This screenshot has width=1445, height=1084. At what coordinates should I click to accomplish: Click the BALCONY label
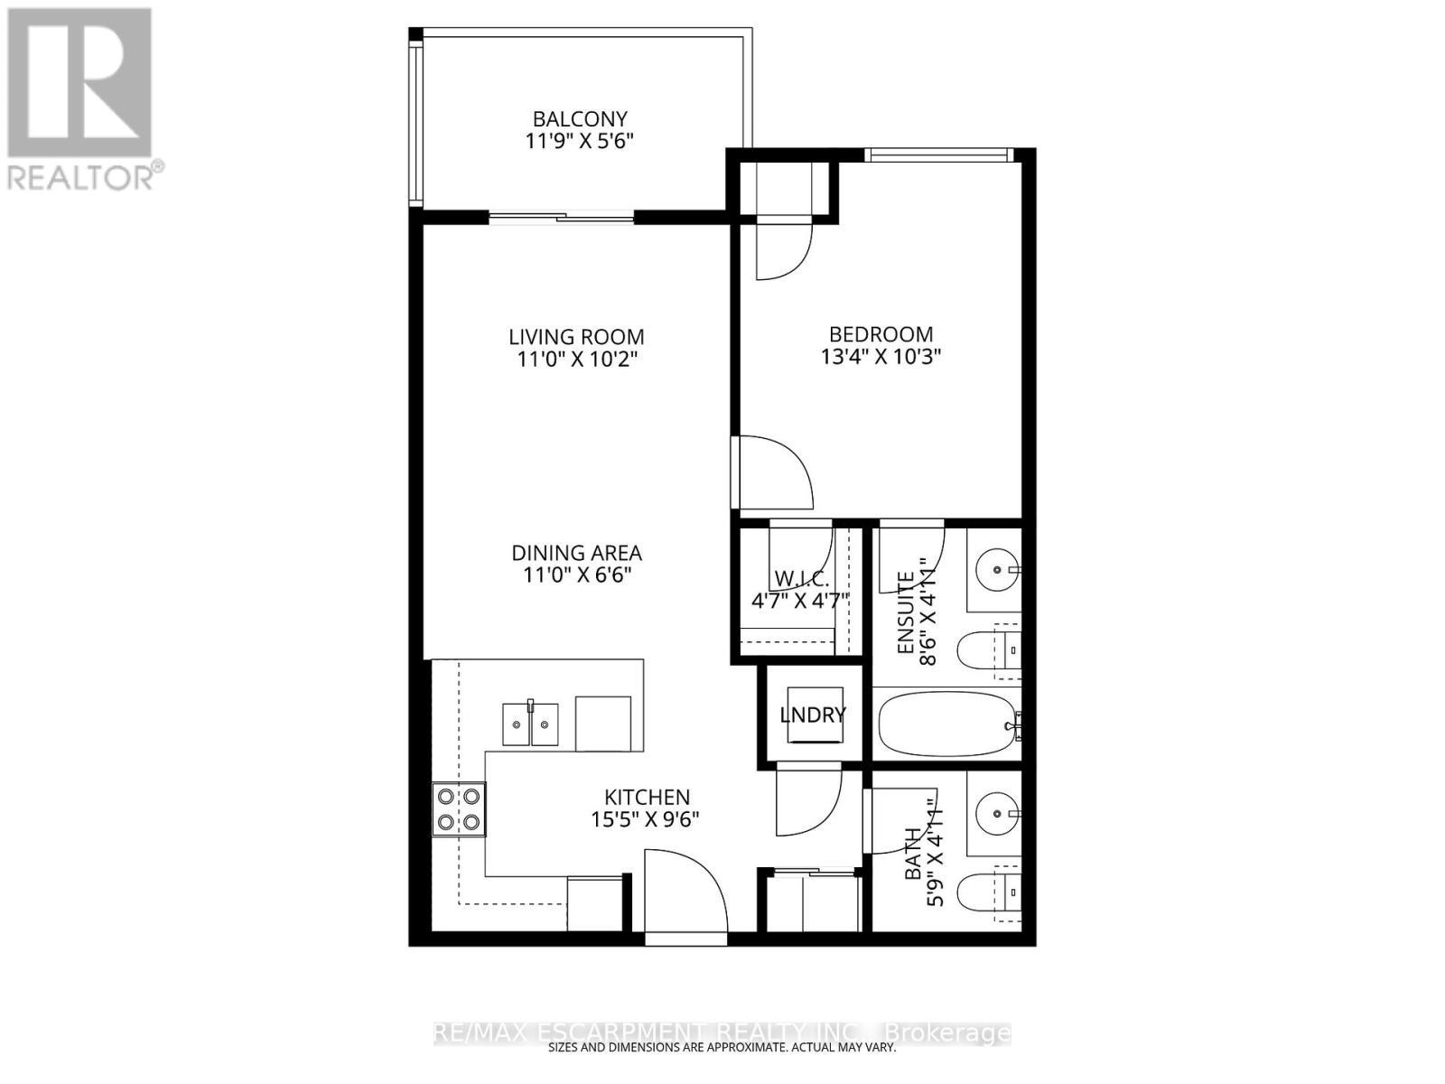(x=579, y=119)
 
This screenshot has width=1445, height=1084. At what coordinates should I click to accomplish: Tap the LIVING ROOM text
(x=576, y=337)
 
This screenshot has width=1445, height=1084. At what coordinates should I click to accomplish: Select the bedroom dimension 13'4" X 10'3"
(x=881, y=357)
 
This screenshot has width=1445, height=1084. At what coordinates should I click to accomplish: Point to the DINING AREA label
(x=576, y=553)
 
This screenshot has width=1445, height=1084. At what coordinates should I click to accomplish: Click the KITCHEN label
(x=647, y=798)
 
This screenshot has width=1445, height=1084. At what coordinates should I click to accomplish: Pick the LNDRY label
(x=813, y=715)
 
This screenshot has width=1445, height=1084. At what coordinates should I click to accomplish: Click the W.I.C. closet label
(x=801, y=579)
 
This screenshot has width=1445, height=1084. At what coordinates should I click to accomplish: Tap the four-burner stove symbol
(x=459, y=809)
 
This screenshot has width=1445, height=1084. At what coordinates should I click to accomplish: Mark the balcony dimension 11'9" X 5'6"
(x=579, y=142)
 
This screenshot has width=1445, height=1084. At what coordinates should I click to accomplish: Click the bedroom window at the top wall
(x=937, y=155)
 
